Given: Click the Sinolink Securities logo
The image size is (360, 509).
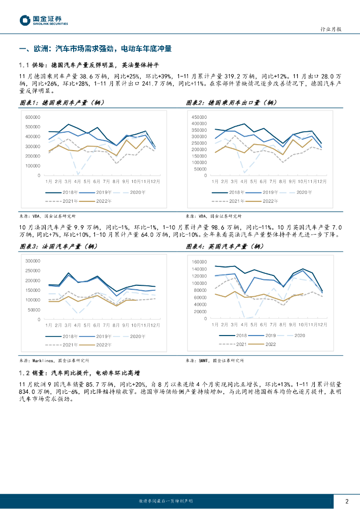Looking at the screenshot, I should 44,20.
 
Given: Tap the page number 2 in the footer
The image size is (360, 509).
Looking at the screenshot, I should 347,501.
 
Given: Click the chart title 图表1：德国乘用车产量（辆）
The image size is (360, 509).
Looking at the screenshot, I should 62,103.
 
